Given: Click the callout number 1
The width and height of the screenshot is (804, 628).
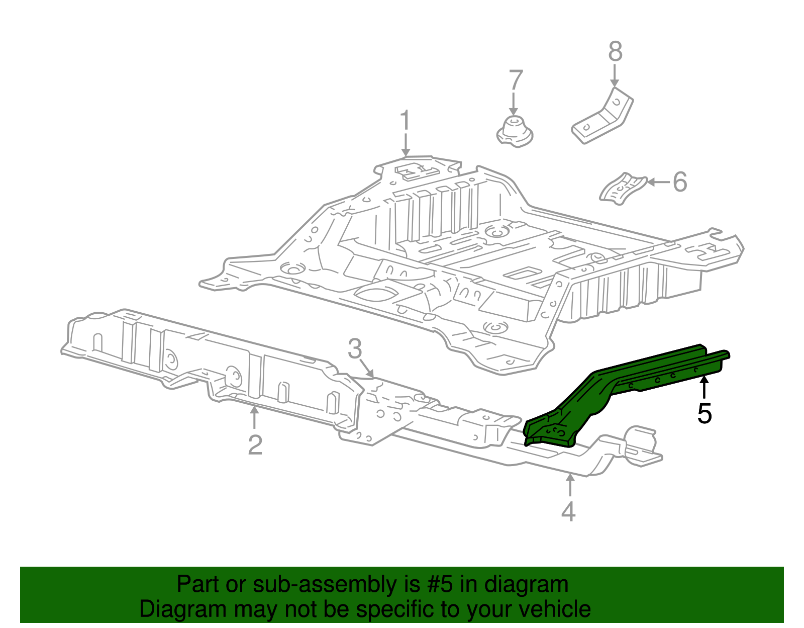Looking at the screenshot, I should point(405,122).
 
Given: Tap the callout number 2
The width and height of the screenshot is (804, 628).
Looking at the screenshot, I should point(255,444).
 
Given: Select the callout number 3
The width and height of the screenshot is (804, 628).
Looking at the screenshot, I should point(355,348).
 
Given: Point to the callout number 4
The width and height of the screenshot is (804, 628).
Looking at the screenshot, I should point(568,511).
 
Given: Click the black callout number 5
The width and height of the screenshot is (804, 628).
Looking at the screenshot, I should point(705,413).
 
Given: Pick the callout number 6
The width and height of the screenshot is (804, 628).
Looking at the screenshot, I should point(679,182).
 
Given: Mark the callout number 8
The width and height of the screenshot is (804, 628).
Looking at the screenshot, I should point(616,52).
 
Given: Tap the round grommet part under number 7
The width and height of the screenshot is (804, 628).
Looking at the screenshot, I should point(515,132).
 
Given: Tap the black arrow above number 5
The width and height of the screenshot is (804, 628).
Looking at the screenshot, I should point(705,388).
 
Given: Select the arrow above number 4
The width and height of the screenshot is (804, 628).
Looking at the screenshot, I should point(570,486).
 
